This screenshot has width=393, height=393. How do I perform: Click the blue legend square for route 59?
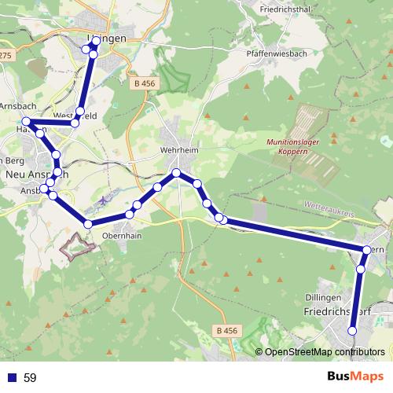coord(11,378)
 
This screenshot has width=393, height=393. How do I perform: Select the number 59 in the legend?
coord(31,378)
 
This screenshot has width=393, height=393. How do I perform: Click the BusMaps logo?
coord(357,377)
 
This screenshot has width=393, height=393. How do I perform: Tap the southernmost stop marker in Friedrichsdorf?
coord(352,340)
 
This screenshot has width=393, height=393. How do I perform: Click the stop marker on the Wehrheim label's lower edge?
coord(177,172)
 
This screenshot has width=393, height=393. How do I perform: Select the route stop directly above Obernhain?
coord(129,215)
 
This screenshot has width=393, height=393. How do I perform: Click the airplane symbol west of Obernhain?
coord(103,202)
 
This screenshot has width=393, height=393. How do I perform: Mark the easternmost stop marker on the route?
coord(366,250)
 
